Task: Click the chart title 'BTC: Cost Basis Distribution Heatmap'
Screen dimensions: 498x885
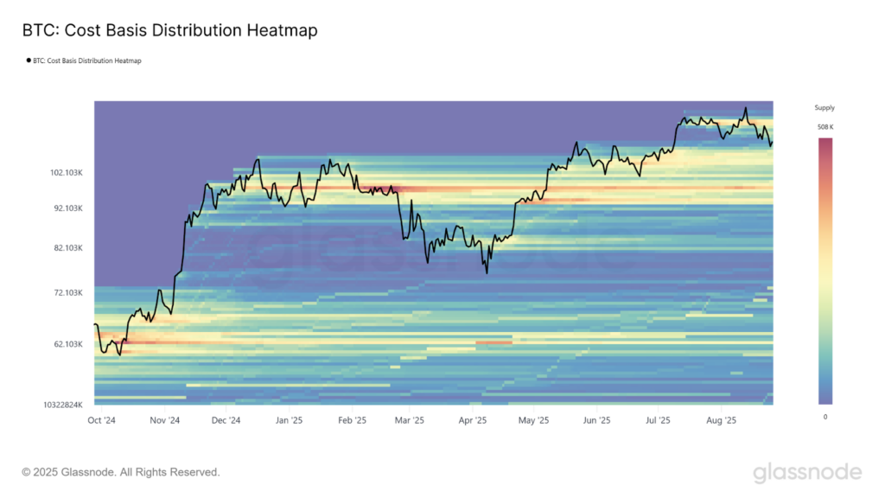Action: point(170,31)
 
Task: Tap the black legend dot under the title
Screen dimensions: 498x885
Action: point(29,61)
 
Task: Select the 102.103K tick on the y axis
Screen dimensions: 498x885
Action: point(67,173)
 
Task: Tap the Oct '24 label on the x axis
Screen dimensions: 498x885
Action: point(103,420)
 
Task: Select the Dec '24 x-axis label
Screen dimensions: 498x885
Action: point(225,420)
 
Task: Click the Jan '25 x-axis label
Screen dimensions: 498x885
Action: point(289,420)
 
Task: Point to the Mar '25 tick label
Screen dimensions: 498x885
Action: point(410,420)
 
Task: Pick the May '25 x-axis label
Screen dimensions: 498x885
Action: point(533,420)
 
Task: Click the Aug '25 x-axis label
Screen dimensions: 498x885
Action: point(721,420)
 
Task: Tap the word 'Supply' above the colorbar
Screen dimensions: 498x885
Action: point(825,108)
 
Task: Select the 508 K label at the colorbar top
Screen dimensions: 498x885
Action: point(825,127)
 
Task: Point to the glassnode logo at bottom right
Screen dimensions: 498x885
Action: point(806,472)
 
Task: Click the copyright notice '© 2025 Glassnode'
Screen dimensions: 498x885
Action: point(121,472)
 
